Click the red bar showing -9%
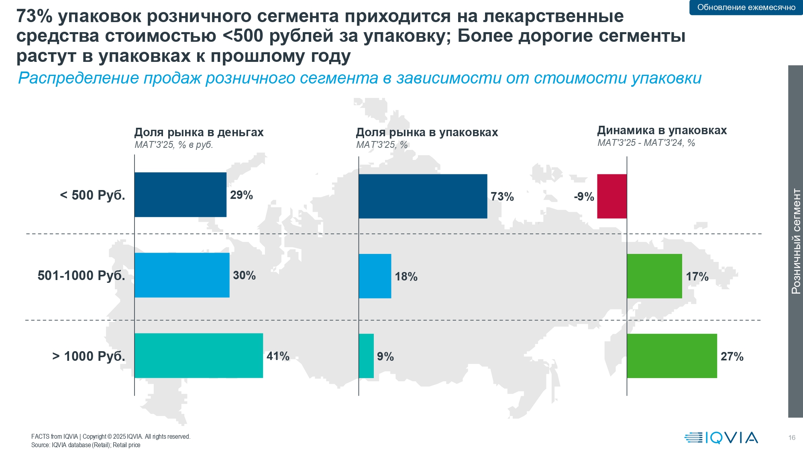point(612,196)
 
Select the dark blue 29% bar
point(180,194)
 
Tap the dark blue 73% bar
point(423,196)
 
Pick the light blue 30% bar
point(182,275)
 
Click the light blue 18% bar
point(375,276)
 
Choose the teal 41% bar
point(199,356)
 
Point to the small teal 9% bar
point(366,356)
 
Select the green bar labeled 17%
point(654,276)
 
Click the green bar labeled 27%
point(672,356)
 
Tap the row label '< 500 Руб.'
point(92,195)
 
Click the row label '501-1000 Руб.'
point(82,276)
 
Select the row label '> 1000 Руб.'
point(89,356)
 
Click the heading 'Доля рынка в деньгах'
point(199,132)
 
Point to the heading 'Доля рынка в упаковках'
point(427,132)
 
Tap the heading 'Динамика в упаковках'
point(662,130)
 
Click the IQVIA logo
point(721,438)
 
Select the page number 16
point(791,438)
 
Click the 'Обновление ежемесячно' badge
point(746,7)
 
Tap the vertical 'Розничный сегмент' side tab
point(795,241)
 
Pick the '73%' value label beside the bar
point(502,196)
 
